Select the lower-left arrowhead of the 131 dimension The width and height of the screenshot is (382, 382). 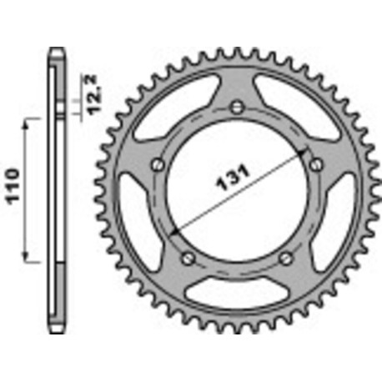pyautogui.click(x=173, y=233)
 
